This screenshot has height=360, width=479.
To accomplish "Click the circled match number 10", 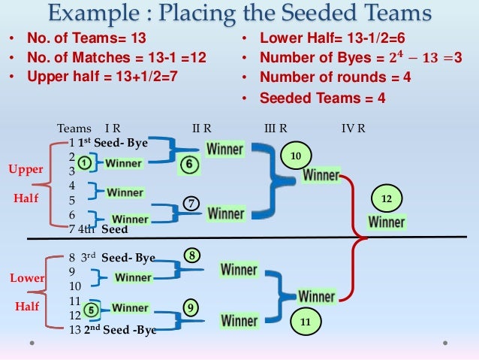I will (x=295, y=156).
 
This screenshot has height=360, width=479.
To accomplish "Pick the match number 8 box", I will (x=192, y=257).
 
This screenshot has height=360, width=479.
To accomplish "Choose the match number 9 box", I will (x=192, y=307).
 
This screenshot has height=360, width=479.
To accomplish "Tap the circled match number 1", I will (x=86, y=162).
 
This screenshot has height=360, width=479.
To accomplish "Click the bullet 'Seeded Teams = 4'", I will (x=322, y=98).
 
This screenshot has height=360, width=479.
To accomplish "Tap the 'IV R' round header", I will (x=354, y=128).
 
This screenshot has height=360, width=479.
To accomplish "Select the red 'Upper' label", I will (x=26, y=170).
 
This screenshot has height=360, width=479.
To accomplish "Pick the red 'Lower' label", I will (x=27, y=279).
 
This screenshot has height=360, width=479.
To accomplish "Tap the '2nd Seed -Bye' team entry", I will (x=119, y=330).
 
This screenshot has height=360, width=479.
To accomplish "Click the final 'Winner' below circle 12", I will (x=387, y=222).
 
